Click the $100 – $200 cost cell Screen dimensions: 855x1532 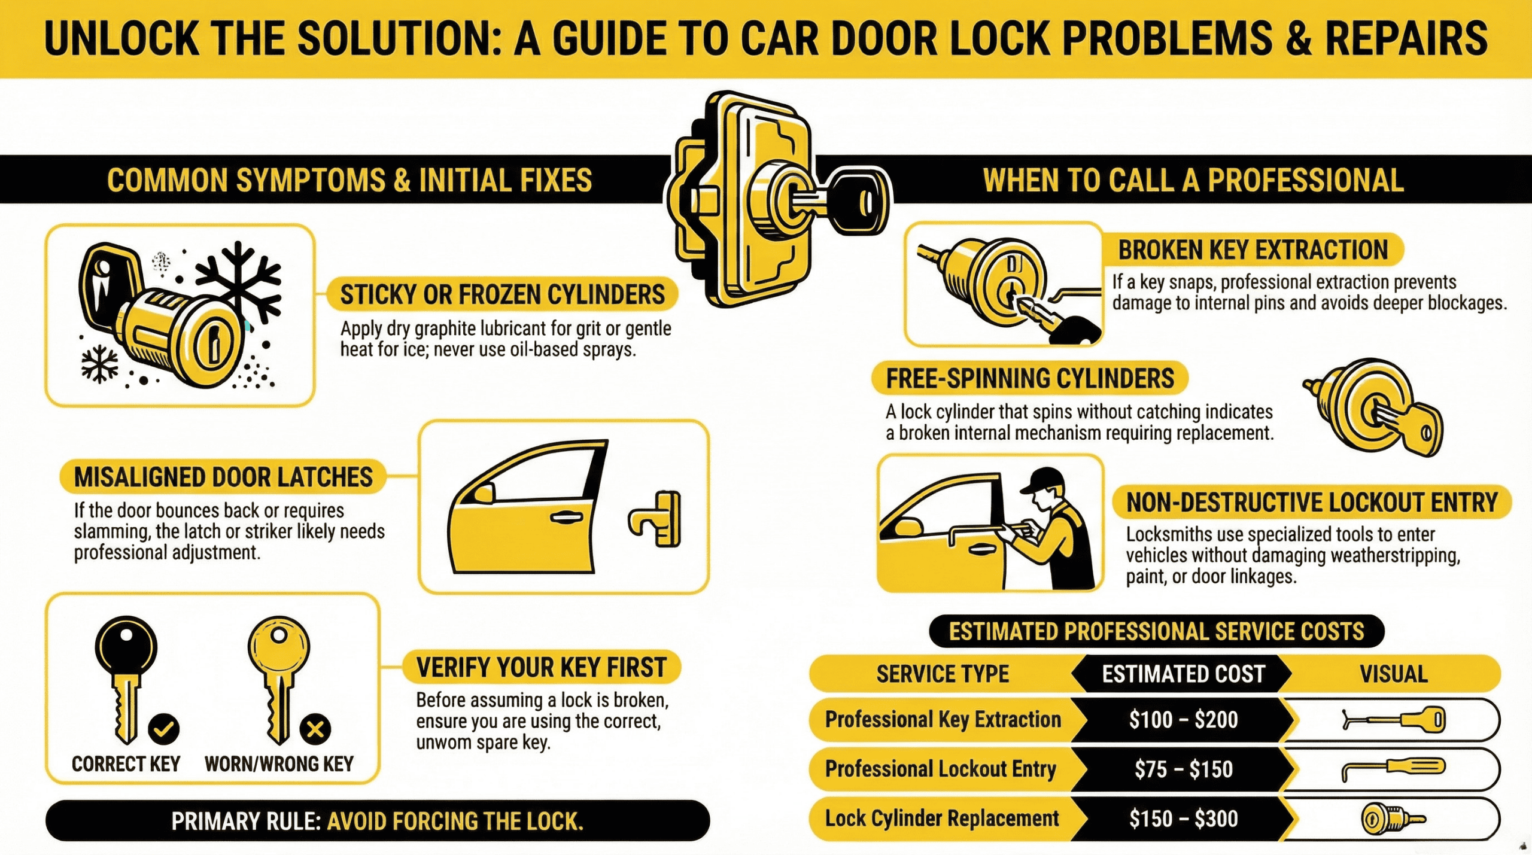pyautogui.click(x=1183, y=719)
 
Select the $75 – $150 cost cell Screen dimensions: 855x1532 pyautogui.click(x=1183, y=769)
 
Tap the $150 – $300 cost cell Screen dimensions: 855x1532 pyautogui.click(x=1183, y=819)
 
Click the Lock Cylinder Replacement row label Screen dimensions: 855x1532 pyautogui.click(x=941, y=818)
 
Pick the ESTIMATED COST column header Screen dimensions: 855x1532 pyautogui.click(x=1183, y=674)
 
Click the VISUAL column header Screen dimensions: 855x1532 pyautogui.click(x=1393, y=674)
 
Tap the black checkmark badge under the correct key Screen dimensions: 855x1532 pyautogui.click(x=163, y=729)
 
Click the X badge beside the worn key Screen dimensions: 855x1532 pyautogui.click(x=315, y=729)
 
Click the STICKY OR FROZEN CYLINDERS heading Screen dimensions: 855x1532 pyautogui.click(x=502, y=294)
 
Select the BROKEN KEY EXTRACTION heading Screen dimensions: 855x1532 pyautogui.click(x=1253, y=250)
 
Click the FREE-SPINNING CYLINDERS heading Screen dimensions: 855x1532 pyautogui.click(x=1029, y=379)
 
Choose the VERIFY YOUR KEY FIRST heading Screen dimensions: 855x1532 pyautogui.click(x=541, y=667)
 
